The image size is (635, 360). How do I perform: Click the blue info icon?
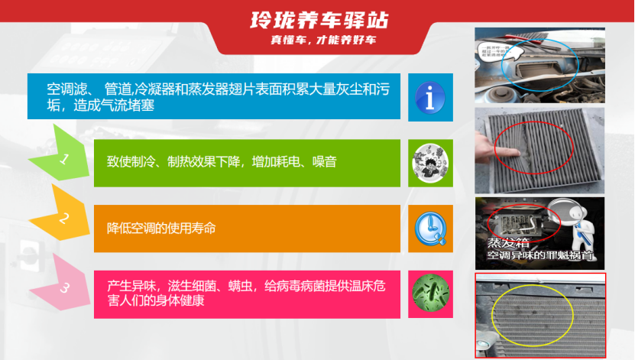430,97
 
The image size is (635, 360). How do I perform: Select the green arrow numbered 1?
63,161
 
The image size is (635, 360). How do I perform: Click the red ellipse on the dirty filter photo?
526,147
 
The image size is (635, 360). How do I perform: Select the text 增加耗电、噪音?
295,162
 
